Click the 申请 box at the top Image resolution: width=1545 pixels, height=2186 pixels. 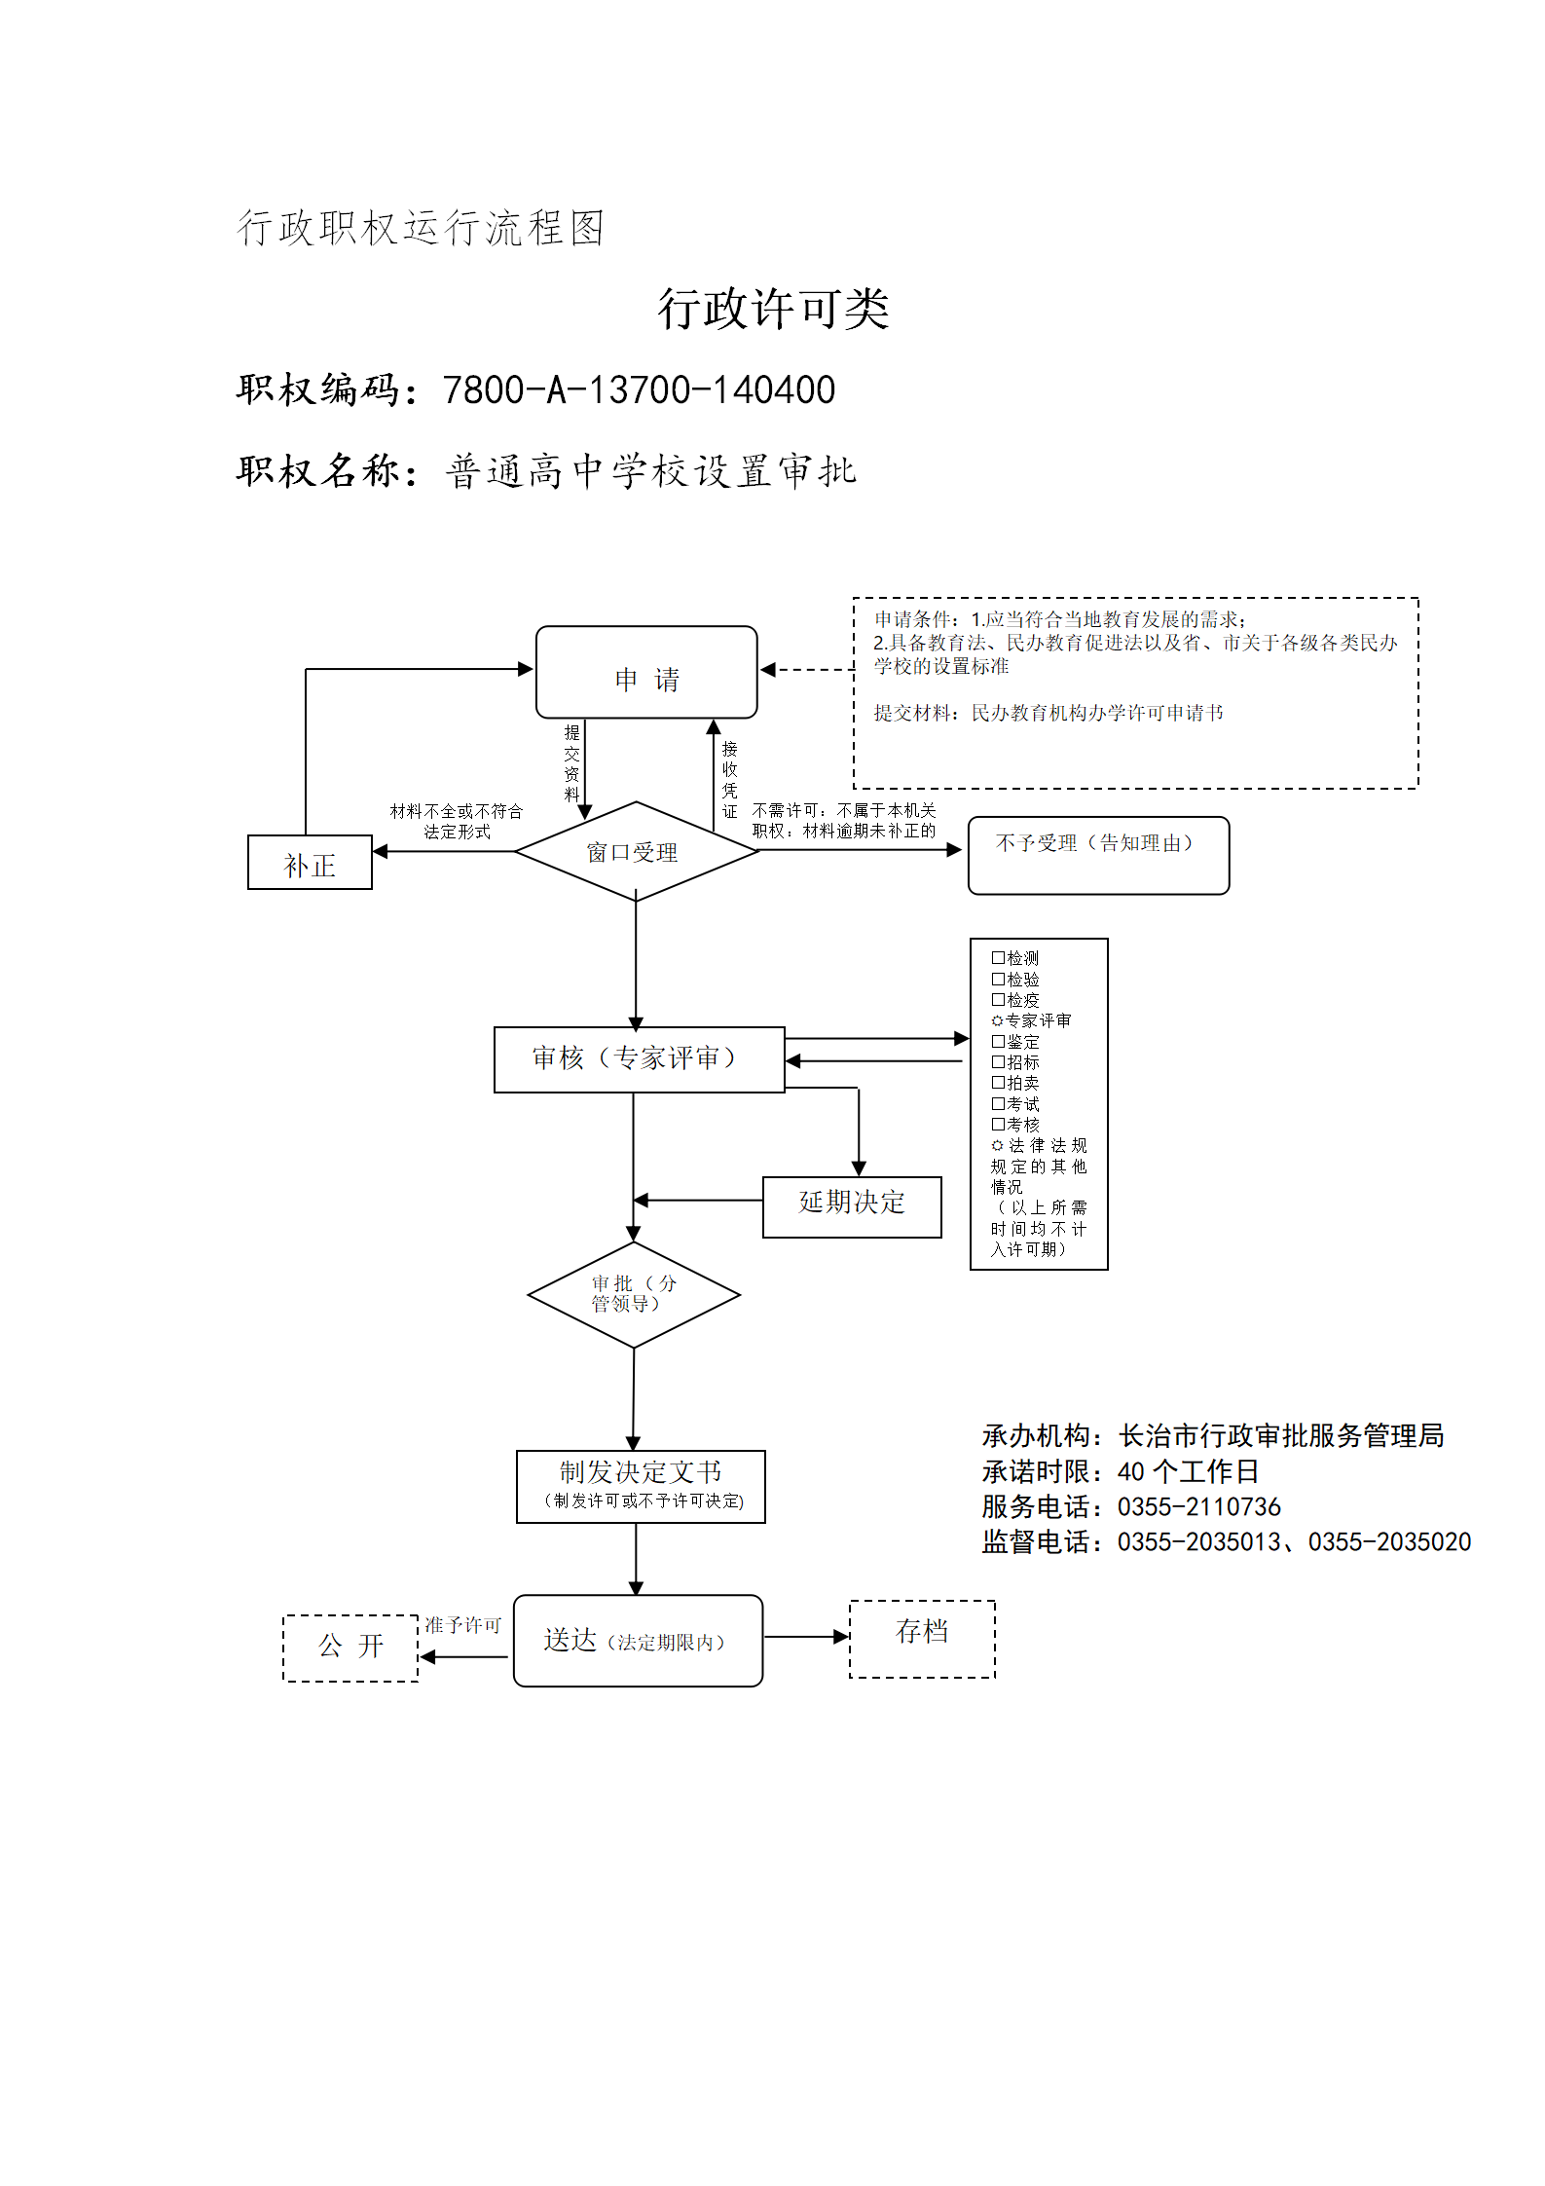point(646,673)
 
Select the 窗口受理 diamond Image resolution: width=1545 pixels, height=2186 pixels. point(636,851)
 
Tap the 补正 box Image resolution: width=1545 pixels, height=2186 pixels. point(310,863)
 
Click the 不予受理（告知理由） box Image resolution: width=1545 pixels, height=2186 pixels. point(1098,855)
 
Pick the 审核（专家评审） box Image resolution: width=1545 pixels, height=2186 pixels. point(639,1059)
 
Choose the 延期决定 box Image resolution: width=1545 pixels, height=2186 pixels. point(852,1206)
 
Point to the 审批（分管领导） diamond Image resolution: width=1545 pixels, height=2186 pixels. point(634,1295)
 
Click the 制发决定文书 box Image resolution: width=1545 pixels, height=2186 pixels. point(641,1487)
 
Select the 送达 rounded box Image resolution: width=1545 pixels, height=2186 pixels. point(638,1641)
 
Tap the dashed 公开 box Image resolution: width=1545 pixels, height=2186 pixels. point(350,1648)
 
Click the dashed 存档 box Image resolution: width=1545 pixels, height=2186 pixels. point(922,1639)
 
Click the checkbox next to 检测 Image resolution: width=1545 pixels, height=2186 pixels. point(998,958)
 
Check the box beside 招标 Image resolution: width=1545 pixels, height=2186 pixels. point(998,1062)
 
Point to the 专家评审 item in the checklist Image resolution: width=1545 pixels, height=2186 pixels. point(1031,1020)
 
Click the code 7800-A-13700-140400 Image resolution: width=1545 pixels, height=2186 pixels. point(639,389)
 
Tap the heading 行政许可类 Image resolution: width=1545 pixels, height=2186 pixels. point(773,309)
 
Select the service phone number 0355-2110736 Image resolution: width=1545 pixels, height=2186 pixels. point(1198,1507)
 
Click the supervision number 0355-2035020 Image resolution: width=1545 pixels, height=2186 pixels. point(1389,1542)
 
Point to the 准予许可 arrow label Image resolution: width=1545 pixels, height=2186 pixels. point(462,1625)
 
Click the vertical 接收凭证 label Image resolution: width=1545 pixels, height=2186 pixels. point(730,780)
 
